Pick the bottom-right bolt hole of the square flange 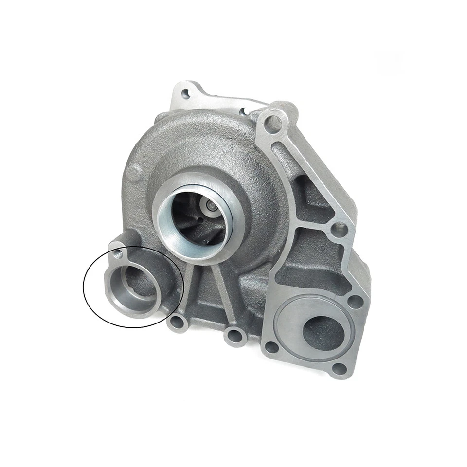[341, 368]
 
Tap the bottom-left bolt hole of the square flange [271, 347]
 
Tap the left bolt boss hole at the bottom [177, 323]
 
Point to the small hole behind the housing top [243, 112]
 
